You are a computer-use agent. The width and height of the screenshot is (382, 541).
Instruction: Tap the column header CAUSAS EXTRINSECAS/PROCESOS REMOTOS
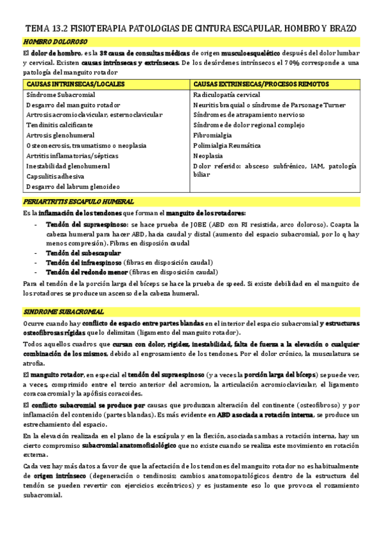[x=260, y=84]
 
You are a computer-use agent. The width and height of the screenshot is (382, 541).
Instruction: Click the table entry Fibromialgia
[x=212, y=135]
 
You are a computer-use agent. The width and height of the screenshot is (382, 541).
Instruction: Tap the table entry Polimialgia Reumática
[x=228, y=145]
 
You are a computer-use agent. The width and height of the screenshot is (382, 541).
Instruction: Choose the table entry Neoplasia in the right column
[x=209, y=156]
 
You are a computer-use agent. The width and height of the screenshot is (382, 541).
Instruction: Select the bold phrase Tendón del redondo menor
[x=87, y=272]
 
